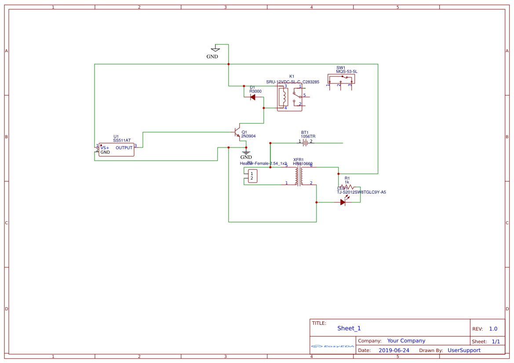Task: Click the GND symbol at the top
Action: point(215,49)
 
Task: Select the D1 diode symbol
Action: point(253,97)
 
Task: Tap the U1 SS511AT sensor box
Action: point(116,150)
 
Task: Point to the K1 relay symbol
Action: point(289,97)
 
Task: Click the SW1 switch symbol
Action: point(341,79)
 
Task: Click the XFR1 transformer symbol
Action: point(299,176)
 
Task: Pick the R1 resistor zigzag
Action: point(346,187)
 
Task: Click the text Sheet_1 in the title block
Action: point(349,328)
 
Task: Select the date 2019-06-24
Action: point(394,350)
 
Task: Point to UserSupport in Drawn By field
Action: point(464,350)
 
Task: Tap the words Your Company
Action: point(406,341)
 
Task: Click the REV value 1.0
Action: point(493,329)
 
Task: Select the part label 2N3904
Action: point(248,137)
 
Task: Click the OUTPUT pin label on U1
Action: point(124,148)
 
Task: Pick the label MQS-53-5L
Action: point(346,71)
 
